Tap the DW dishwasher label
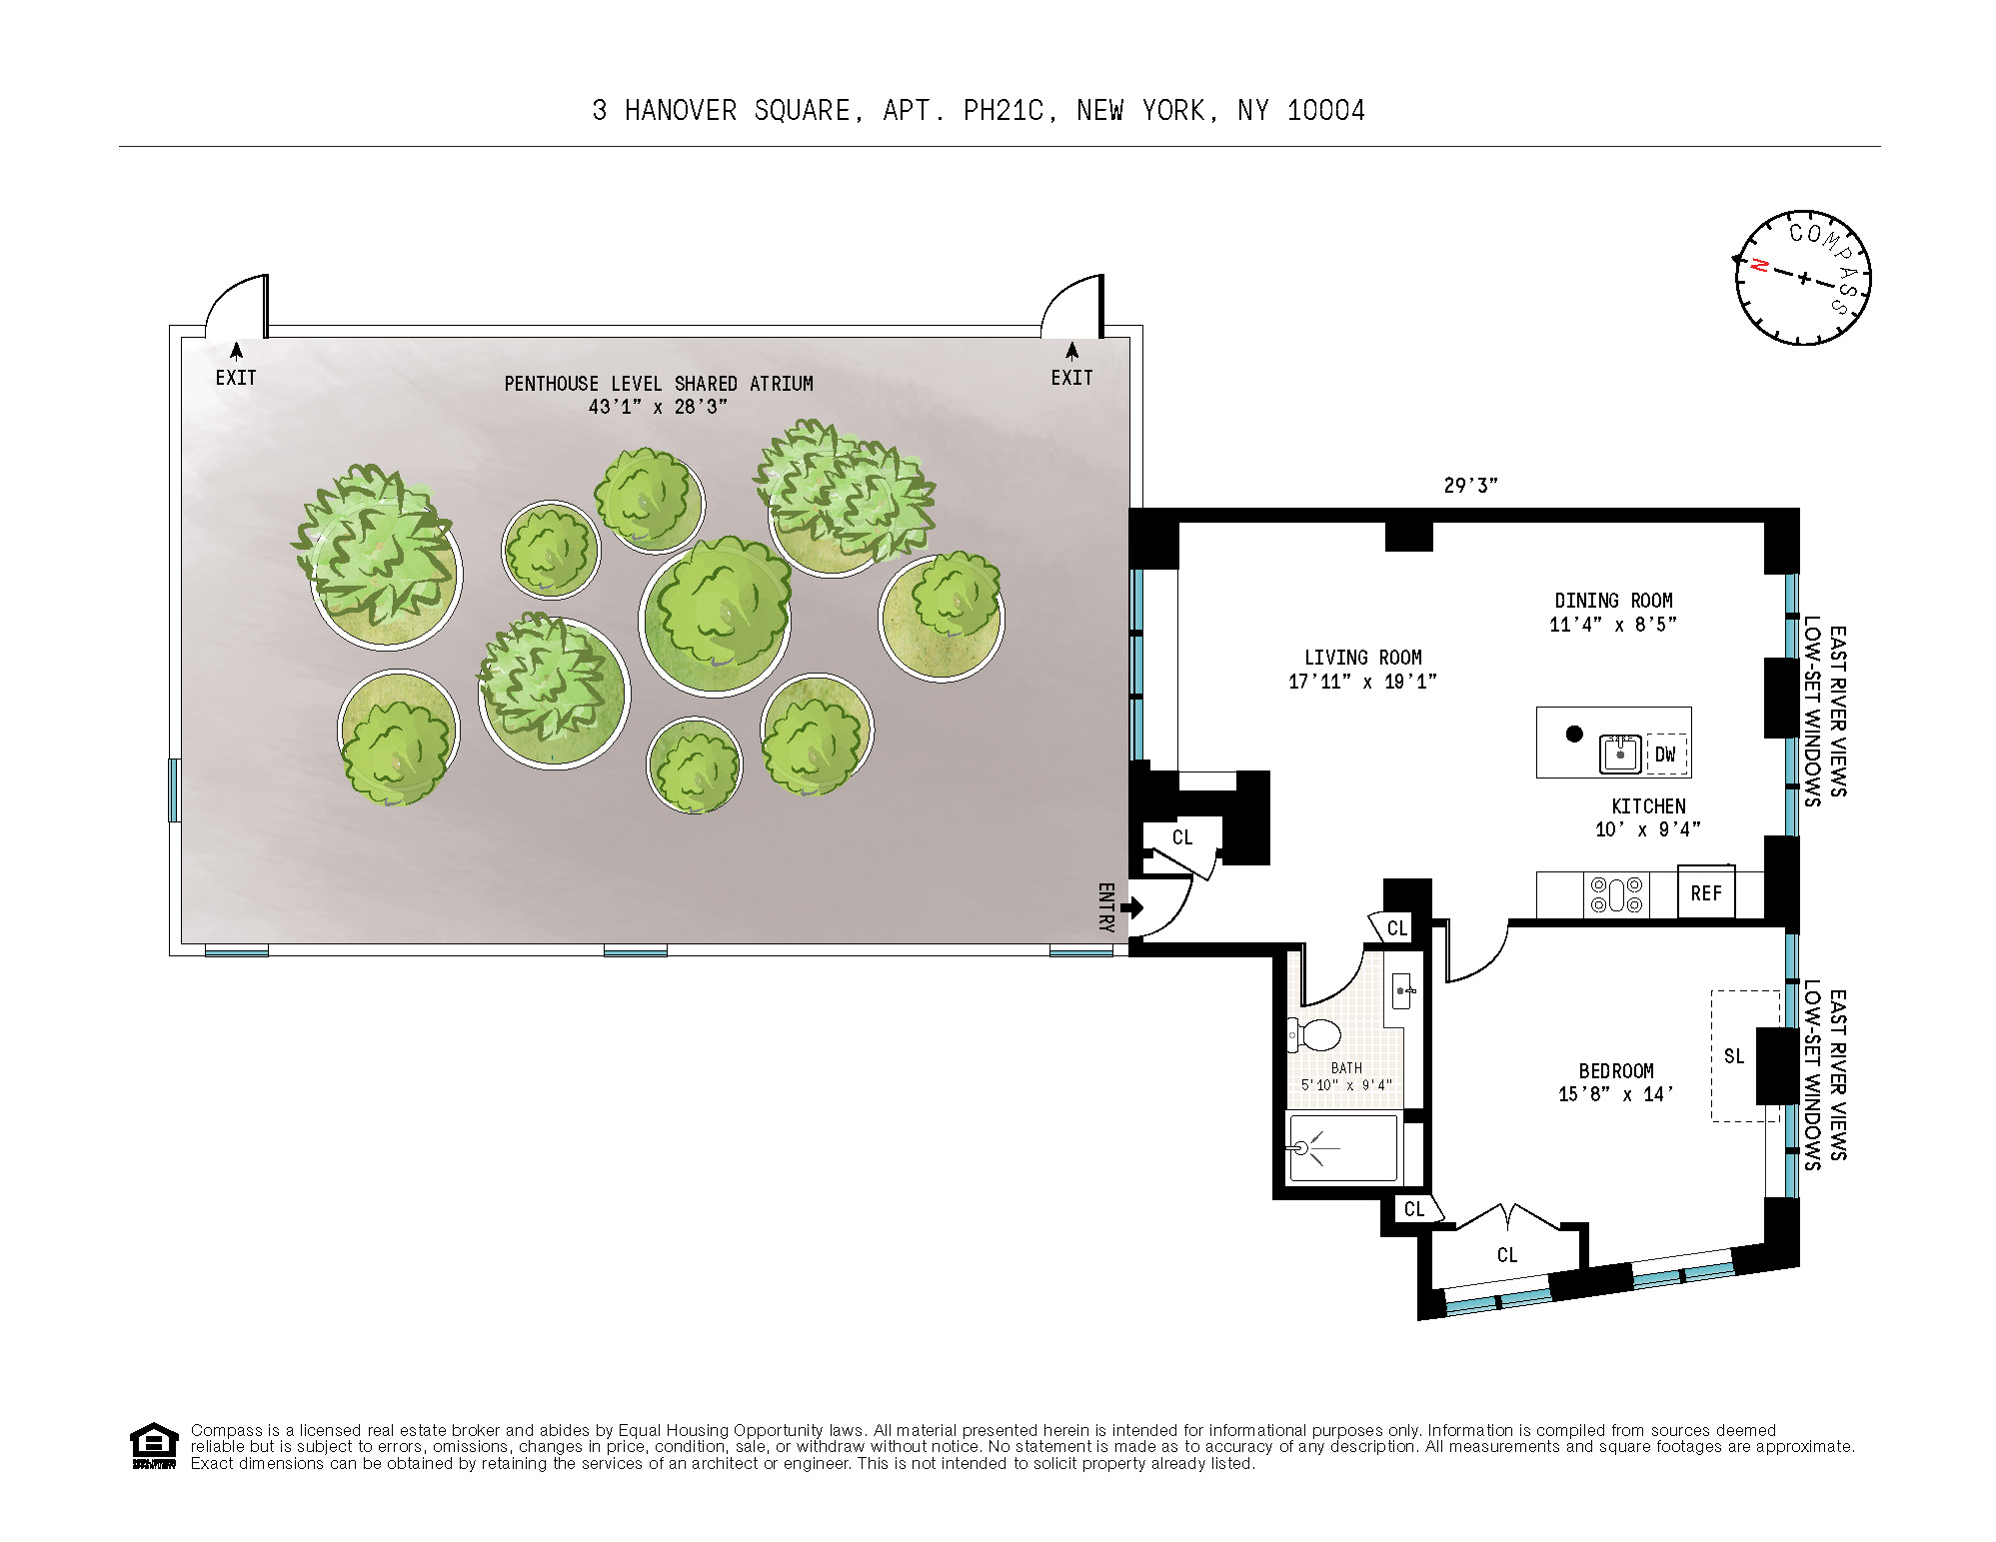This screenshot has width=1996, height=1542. [x=1665, y=755]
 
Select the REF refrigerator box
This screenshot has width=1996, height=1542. [x=1706, y=893]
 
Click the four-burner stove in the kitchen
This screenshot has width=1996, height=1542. [x=1616, y=893]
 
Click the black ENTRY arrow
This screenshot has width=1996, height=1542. [x=1132, y=907]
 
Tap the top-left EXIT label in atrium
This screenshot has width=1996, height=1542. [x=236, y=378]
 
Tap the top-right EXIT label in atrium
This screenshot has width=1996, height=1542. [x=1071, y=378]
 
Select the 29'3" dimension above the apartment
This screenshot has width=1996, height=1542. [x=1470, y=486]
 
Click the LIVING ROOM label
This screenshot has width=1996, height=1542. [x=1362, y=658]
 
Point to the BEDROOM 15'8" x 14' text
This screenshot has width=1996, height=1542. [x=1615, y=1082]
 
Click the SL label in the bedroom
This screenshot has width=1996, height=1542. [x=1734, y=1056]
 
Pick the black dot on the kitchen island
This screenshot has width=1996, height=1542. [x=1574, y=734]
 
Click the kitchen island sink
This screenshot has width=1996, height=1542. [x=1620, y=754]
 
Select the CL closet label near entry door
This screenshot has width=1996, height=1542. [x=1182, y=837]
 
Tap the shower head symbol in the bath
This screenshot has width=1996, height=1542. [x=1301, y=1148]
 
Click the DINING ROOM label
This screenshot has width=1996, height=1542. [x=1613, y=601]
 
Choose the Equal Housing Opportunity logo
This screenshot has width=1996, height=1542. [x=154, y=1445]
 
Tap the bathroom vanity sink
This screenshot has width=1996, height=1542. [x=1402, y=990]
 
